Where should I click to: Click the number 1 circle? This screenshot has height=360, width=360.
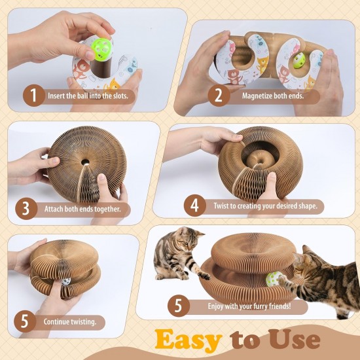click(x=34, y=96)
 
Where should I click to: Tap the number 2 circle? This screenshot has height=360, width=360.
click(x=219, y=96)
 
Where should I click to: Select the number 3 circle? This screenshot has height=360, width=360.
click(x=26, y=209)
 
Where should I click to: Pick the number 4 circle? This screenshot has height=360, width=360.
click(x=194, y=206)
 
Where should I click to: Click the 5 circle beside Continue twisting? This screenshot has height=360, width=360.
click(x=25, y=321)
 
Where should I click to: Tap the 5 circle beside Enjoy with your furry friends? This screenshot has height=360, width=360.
click(x=179, y=306)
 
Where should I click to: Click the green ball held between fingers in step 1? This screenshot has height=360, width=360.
click(x=101, y=49)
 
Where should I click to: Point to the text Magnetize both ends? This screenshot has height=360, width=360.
click(x=273, y=96)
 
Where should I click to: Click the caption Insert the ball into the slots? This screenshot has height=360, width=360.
click(x=88, y=96)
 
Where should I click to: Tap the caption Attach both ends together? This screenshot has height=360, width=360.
click(x=82, y=209)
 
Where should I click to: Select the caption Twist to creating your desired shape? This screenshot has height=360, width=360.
click(x=265, y=206)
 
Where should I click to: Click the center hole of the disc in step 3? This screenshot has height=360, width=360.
click(x=85, y=162)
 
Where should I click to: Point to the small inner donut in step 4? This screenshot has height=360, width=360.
click(x=261, y=159)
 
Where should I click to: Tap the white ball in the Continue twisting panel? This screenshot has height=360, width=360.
click(x=66, y=281)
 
